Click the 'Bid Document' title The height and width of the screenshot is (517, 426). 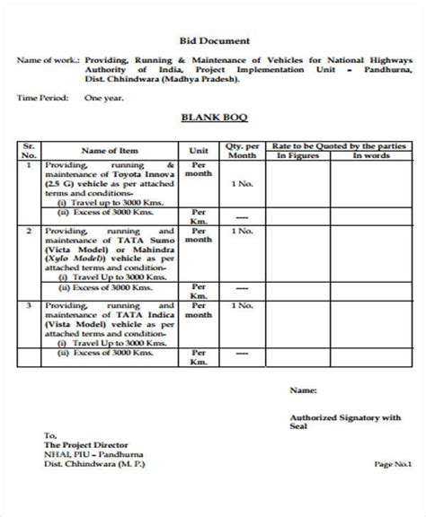point(212,40)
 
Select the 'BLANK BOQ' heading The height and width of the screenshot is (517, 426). point(213,117)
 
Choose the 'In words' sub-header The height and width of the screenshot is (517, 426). point(369,156)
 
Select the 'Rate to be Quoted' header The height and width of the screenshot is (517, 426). point(340,145)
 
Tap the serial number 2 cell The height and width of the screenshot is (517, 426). point(29,230)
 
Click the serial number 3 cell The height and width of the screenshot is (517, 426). point(29,305)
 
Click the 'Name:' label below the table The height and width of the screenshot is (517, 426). point(303,391)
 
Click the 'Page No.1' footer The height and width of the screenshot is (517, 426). point(393,464)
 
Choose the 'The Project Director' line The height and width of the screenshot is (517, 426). point(81,444)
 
